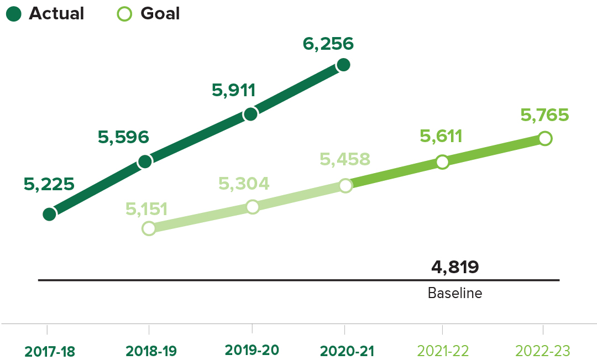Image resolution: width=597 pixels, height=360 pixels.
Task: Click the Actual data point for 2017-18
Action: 49,214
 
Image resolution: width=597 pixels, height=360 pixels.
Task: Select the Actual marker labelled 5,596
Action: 145,161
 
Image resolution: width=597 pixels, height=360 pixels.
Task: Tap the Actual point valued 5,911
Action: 250,114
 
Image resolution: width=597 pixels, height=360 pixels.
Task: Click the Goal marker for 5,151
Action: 149,228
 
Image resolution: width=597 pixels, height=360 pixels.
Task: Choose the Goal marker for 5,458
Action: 345,185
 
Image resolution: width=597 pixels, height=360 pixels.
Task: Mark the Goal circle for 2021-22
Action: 442,162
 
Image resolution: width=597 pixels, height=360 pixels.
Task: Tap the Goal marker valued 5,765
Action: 544,138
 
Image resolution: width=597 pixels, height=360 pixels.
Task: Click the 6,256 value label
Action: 328,44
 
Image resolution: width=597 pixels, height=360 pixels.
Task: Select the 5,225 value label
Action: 49,184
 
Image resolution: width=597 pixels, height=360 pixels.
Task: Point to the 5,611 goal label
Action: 441,136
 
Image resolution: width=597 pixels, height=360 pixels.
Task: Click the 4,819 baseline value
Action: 455,267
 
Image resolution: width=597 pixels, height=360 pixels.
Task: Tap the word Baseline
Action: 455,293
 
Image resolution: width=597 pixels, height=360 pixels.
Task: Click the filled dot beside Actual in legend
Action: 14,14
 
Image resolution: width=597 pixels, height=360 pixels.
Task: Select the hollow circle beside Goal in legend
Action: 125,14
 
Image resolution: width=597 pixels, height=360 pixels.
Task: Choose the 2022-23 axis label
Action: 542,351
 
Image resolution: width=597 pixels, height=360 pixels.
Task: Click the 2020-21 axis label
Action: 347,351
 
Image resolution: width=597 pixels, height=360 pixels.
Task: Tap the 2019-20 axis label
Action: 252,350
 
